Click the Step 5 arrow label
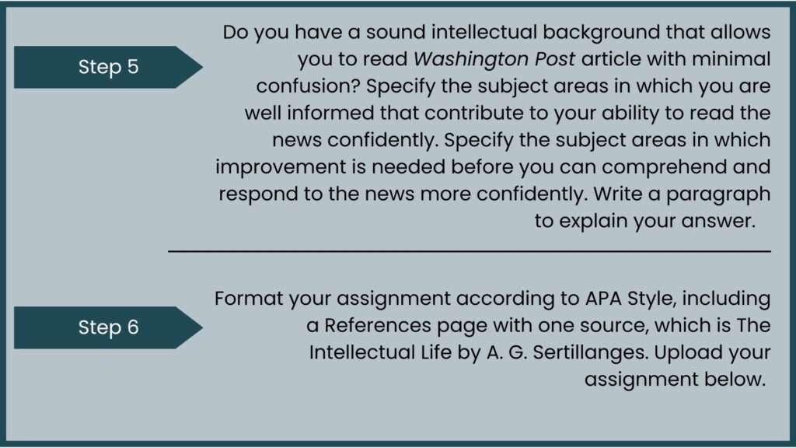[x=108, y=67]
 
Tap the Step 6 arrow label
[x=108, y=327]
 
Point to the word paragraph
[x=718, y=194]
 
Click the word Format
[x=249, y=298]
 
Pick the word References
[x=378, y=325]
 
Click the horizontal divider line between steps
[x=470, y=251]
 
